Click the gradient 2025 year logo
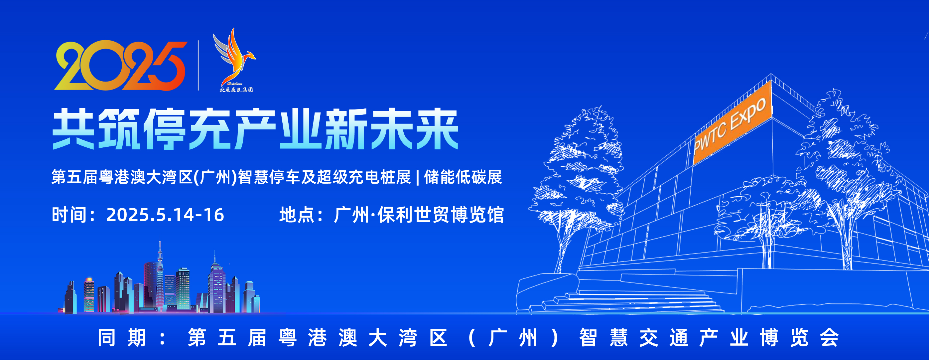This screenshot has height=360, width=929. [x=121, y=65]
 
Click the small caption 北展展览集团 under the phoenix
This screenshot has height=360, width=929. [x=236, y=90]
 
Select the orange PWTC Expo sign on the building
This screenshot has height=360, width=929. [x=732, y=123]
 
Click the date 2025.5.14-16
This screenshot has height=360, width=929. [x=165, y=215]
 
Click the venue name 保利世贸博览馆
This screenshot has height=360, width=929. [x=440, y=215]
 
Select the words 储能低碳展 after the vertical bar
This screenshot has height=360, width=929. [x=463, y=177]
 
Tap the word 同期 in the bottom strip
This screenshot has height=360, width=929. [x=122, y=338]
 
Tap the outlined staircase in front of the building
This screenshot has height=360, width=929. [x=627, y=301]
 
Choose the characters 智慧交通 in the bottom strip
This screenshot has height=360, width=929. [x=635, y=338]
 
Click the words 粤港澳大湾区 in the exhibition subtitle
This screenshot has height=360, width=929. [x=146, y=177]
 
